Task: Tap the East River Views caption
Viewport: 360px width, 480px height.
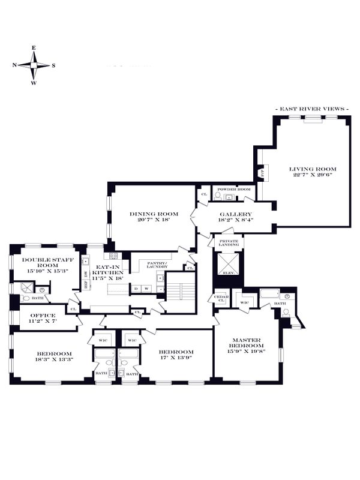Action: tap(311, 109)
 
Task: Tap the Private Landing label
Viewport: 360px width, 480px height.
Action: tap(229, 243)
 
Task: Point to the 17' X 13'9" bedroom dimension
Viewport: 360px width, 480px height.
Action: tap(175, 358)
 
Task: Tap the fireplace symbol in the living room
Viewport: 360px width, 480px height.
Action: tap(262, 173)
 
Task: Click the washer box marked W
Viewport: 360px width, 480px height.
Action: tap(146, 289)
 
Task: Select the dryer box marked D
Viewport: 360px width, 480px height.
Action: tap(136, 289)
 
